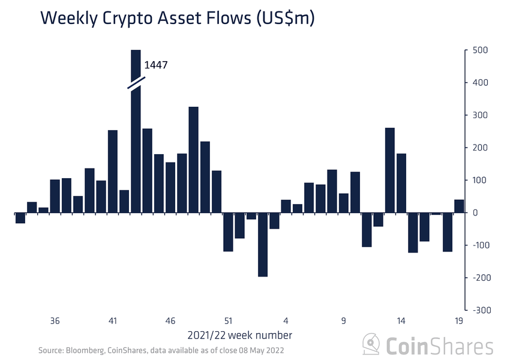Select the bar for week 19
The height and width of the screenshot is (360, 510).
pos(459,206)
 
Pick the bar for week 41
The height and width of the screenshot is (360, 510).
pos(113,171)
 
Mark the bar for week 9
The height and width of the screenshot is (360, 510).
pos(344,203)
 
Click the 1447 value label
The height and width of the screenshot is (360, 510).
pos(155,64)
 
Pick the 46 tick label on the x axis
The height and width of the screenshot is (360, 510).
pos(170,320)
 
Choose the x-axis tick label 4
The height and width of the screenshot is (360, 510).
pos(286,320)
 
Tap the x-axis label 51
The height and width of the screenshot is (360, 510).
pos(228,320)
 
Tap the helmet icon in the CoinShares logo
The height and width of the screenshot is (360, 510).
pos(371,346)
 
